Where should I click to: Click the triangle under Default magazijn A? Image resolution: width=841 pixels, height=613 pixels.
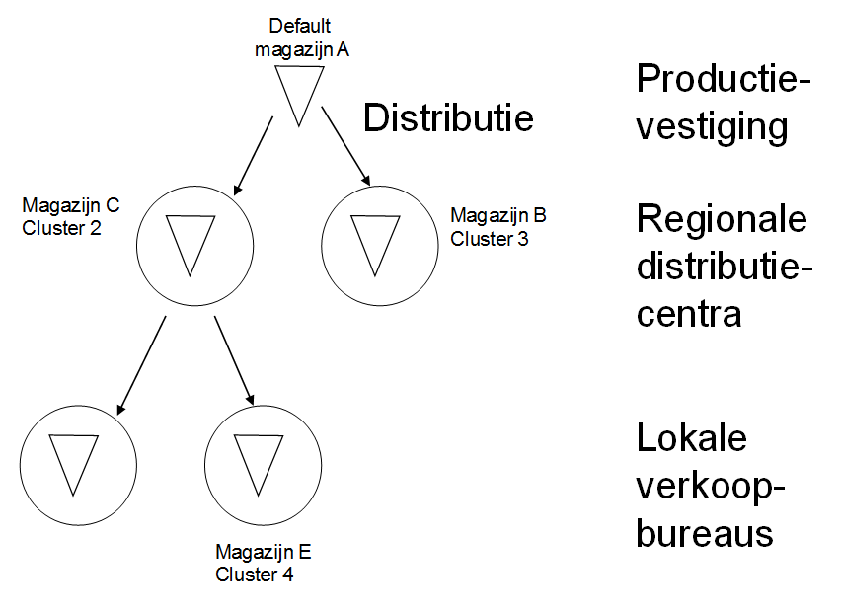click(298, 91)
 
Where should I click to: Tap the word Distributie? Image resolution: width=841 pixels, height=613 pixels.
click(448, 118)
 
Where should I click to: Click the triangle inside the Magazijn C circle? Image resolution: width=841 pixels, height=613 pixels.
click(189, 241)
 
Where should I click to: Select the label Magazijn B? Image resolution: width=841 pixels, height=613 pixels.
click(498, 215)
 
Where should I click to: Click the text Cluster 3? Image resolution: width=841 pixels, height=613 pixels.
click(490, 238)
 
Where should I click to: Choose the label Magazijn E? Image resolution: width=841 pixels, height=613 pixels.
click(264, 552)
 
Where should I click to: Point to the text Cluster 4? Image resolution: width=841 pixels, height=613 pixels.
click(254, 575)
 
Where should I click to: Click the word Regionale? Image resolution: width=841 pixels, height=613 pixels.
click(722, 219)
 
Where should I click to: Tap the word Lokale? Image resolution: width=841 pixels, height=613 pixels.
click(692, 438)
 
